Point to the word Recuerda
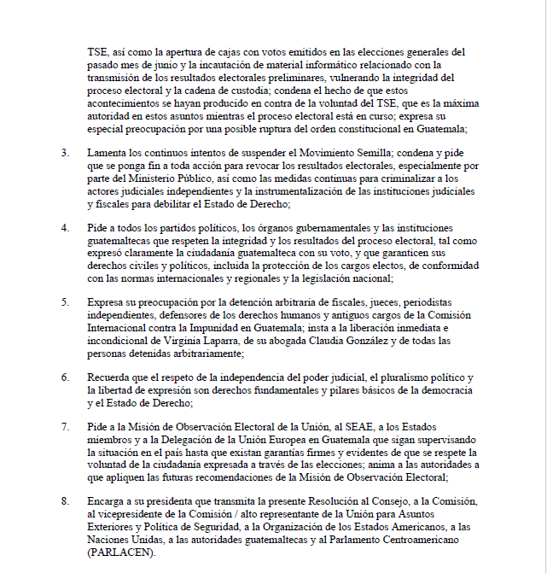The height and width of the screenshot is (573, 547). (110, 377)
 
